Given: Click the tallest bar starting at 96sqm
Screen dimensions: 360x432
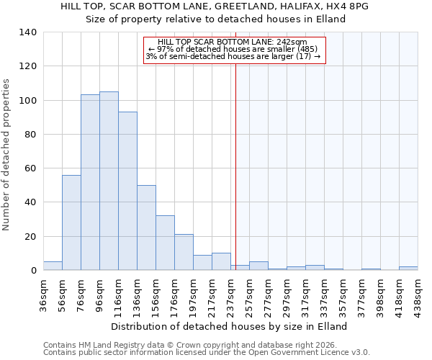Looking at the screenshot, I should (109, 181).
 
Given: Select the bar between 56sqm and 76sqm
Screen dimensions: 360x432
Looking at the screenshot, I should (71, 222).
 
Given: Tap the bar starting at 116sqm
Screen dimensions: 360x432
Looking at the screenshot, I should (127, 191).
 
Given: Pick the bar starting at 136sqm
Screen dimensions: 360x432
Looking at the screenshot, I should (146, 228).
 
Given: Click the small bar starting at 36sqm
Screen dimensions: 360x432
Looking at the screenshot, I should (53, 266).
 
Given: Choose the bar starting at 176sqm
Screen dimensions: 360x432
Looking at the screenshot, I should (184, 252).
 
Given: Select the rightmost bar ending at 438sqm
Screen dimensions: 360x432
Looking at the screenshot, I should (408, 268).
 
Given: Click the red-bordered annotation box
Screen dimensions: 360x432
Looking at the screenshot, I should (235, 50).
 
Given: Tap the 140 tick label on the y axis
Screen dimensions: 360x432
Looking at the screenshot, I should (27, 32).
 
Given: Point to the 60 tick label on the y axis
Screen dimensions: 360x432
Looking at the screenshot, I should (30, 168).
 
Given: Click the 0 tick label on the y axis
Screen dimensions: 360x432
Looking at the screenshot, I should (33, 271).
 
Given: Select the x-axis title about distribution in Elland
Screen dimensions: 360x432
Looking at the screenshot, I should (231, 326).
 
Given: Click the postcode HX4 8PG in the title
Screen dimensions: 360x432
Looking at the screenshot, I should (351, 6).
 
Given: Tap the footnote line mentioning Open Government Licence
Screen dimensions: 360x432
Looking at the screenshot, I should (207, 353).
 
